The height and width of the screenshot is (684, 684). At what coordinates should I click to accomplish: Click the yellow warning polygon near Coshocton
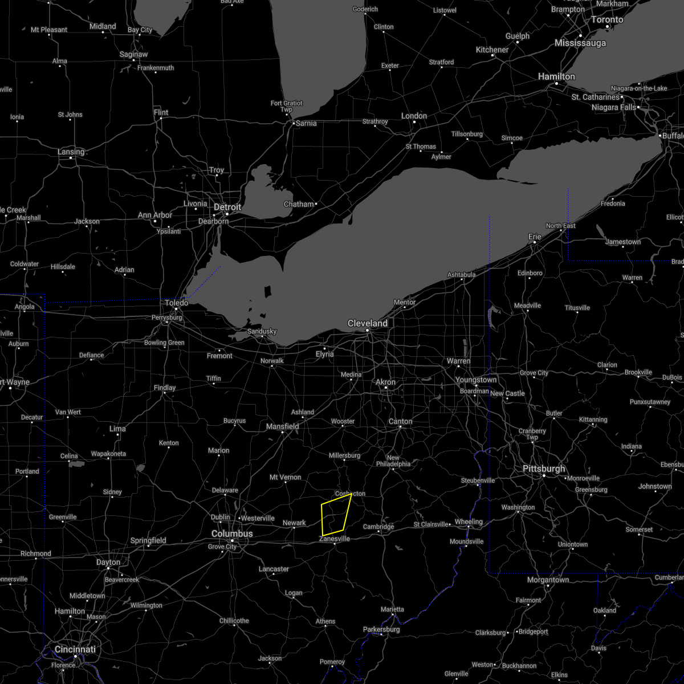tap(335, 516)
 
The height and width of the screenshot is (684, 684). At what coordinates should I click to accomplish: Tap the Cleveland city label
tap(368, 323)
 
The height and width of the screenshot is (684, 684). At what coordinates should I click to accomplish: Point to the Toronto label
tap(606, 19)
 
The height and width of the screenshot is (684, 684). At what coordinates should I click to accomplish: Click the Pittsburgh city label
tap(544, 469)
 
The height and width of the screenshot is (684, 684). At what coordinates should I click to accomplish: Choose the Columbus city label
tap(232, 534)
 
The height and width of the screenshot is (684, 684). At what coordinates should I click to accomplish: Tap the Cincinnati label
tap(75, 649)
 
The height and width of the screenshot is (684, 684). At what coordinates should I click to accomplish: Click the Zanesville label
tap(335, 538)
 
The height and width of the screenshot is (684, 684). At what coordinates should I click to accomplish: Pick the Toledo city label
tap(177, 303)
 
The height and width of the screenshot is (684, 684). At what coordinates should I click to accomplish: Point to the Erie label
tap(535, 237)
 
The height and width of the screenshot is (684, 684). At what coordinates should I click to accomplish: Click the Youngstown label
tap(476, 380)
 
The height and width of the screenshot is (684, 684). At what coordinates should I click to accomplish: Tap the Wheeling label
tap(469, 522)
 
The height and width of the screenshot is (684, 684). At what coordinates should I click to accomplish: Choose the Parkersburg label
tap(381, 629)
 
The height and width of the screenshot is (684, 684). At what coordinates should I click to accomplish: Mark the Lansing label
tap(71, 152)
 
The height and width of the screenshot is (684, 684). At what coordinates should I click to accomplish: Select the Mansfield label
tap(282, 426)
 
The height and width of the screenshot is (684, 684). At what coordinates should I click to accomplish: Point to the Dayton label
tap(108, 562)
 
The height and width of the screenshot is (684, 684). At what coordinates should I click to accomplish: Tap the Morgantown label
tap(548, 580)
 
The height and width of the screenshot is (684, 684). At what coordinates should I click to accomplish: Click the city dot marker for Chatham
tap(316, 203)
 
